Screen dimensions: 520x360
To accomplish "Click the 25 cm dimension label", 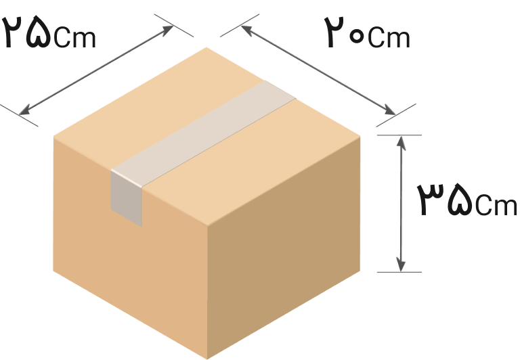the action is (49, 32).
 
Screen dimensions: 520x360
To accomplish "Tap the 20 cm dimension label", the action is (368, 32).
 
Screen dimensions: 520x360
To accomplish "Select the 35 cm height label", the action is (467, 200).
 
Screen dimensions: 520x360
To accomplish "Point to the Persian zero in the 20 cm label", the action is (357, 37).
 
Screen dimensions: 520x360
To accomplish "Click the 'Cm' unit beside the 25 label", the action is (75, 37).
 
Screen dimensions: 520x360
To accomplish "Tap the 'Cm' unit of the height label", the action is (496, 205).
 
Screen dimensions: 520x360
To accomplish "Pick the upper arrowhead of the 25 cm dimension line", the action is (167, 30).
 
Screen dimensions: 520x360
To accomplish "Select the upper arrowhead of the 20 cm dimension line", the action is (247, 30).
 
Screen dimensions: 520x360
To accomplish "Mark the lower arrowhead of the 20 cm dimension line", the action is (389, 110).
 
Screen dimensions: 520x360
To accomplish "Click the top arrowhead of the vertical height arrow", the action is (402, 142).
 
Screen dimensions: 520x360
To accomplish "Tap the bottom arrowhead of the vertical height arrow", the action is (402, 265).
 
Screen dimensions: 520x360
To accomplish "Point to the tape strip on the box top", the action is (203, 133).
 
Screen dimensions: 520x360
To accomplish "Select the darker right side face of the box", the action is (284, 248).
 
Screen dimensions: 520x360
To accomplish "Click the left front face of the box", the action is (130, 248).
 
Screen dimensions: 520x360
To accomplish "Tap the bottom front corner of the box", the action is (207, 359).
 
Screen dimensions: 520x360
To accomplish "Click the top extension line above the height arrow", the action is (399, 135).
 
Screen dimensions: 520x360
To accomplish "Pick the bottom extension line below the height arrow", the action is (399, 272).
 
